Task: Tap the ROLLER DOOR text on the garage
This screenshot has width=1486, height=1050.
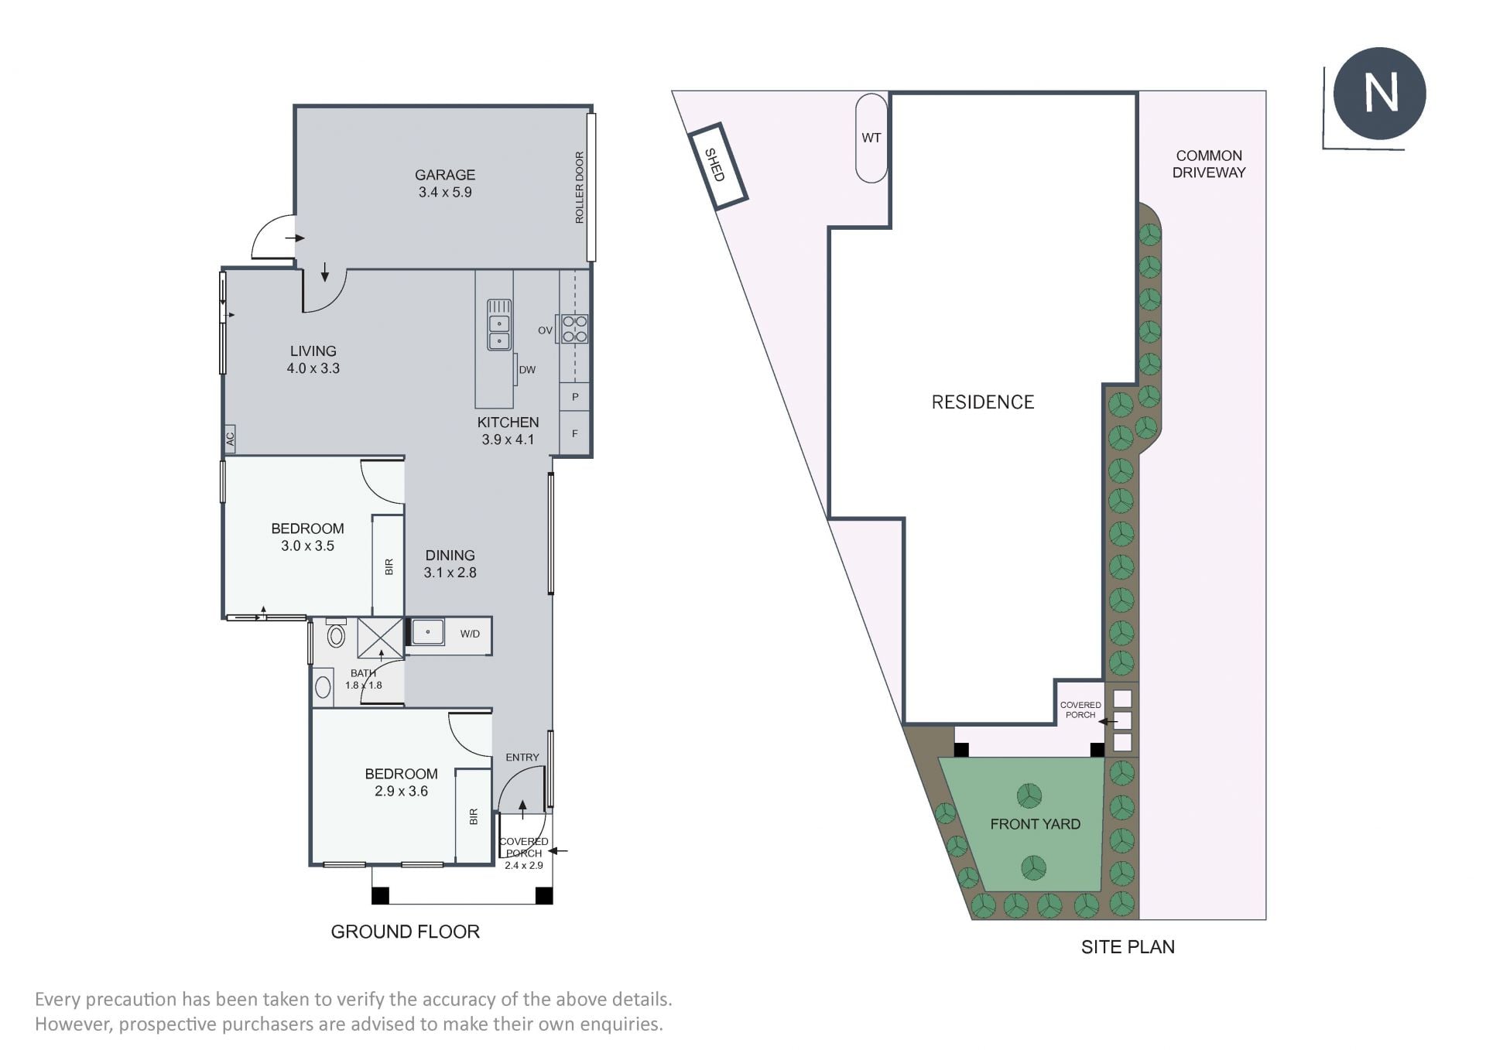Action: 580,188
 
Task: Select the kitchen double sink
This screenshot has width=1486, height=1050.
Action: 499,324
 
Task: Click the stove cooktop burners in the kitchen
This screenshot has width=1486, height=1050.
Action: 574,328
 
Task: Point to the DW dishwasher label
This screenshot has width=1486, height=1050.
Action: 527,370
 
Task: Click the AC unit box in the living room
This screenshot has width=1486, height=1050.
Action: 230,439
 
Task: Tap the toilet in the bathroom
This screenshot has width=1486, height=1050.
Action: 336,633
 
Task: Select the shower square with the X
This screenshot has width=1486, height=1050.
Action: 380,638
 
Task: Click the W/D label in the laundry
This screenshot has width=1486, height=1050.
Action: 470,634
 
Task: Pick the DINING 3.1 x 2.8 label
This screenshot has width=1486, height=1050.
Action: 450,564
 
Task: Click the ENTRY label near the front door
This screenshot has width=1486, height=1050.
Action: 522,758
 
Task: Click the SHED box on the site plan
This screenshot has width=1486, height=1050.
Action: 717,166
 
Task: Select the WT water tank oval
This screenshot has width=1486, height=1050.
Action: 871,139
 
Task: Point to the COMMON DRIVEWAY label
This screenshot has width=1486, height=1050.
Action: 1209,164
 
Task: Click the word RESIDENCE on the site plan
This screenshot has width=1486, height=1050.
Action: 983,402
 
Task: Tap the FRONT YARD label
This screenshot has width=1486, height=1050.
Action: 1036,824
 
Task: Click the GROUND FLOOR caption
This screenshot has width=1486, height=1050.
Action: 406,932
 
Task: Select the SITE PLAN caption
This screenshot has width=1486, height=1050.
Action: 1128,947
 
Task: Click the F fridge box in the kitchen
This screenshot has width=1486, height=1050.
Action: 574,433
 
